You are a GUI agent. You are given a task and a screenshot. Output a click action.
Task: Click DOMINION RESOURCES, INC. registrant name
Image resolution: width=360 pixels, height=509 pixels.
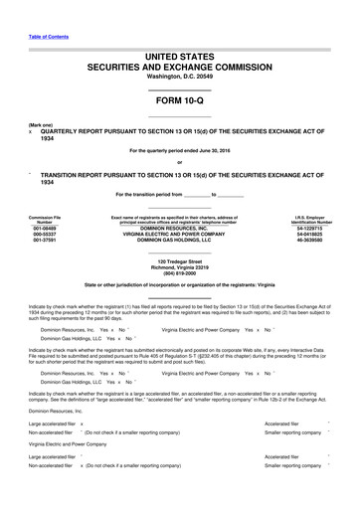[x=179, y=228]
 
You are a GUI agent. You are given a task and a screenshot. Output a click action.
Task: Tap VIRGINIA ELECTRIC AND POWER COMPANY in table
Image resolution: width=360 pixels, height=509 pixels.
[x=179, y=235]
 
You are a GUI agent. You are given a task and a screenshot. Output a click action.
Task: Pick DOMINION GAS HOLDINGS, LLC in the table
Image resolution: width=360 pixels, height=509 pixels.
[x=179, y=242]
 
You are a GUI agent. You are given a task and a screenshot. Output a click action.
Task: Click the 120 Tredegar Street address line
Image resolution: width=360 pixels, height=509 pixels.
[x=179, y=262]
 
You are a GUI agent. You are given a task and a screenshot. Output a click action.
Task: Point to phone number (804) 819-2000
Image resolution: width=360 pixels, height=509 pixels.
[x=179, y=276]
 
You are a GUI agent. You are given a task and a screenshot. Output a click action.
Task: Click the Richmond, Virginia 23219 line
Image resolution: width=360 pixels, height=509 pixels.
[x=179, y=269]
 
